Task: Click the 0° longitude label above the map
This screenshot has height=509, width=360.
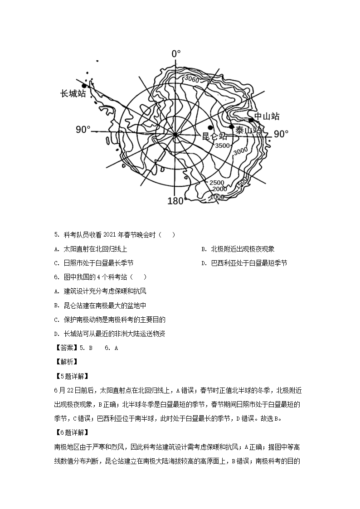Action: click(176, 54)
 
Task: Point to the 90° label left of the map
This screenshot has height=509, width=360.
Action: click(83, 130)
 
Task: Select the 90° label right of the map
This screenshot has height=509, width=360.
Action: click(281, 134)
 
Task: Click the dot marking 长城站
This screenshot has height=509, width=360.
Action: click(84, 86)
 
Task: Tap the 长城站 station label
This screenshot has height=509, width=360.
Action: click(73, 94)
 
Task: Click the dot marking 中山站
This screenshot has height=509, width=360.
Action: click(251, 120)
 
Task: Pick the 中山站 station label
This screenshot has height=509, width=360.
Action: click(267, 116)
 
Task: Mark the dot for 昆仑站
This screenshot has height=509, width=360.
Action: click(210, 128)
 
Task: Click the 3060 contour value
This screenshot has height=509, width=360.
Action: click(191, 79)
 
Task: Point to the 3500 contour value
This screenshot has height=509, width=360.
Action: click(223, 145)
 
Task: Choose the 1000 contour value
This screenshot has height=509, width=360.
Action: click(218, 197)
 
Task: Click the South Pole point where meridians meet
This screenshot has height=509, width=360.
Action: click(175, 134)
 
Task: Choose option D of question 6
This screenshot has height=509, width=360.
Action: click(109, 334)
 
